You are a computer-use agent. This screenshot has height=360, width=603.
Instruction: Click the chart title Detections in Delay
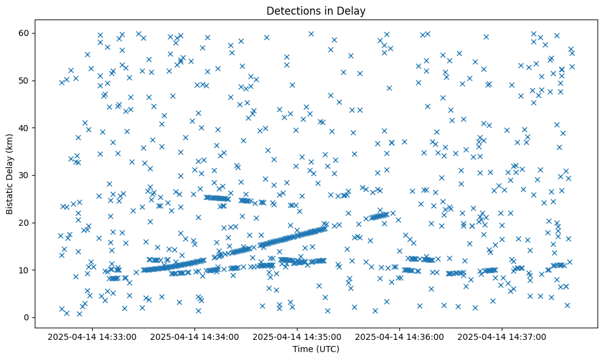click(x=316, y=10)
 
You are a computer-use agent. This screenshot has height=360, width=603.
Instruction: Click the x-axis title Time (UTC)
click(x=316, y=349)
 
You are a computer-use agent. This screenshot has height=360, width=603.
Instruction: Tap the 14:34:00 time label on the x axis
click(x=195, y=337)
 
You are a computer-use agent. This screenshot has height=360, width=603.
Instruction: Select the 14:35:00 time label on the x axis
click(x=298, y=337)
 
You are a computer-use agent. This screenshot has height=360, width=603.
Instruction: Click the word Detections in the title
click(x=291, y=10)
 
